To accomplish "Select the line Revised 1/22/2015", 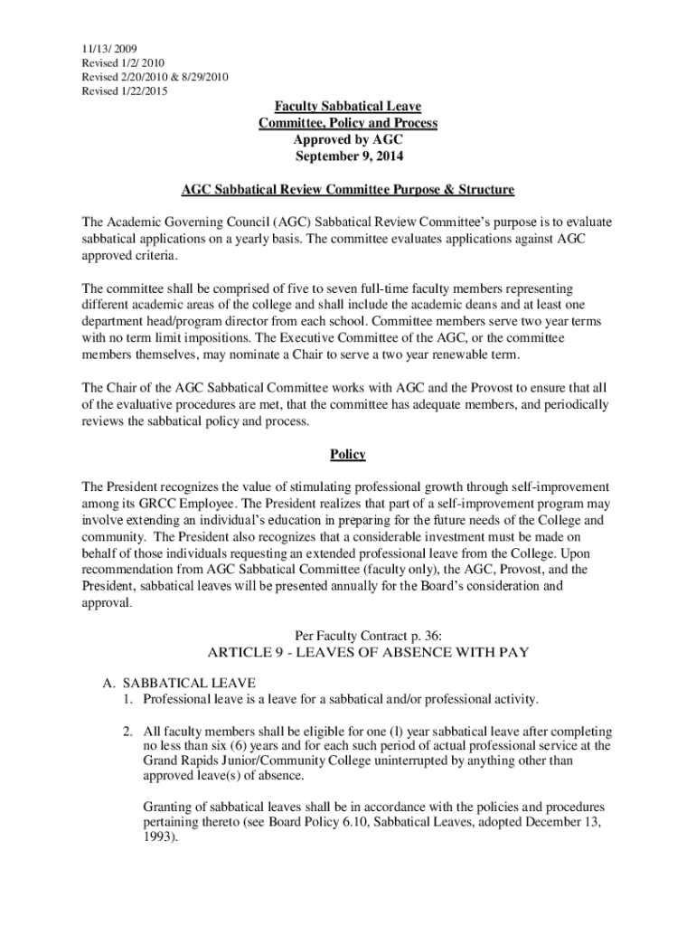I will tap(124, 91).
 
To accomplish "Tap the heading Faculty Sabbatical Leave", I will tap(348, 107).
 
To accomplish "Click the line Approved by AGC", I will tap(348, 139).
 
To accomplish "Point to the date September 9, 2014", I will tap(348, 156).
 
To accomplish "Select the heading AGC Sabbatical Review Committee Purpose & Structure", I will tap(348, 190).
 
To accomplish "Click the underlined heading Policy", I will tap(348, 454).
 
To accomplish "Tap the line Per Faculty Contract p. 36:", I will tap(348, 635).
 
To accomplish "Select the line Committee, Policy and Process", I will tap(348, 123).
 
